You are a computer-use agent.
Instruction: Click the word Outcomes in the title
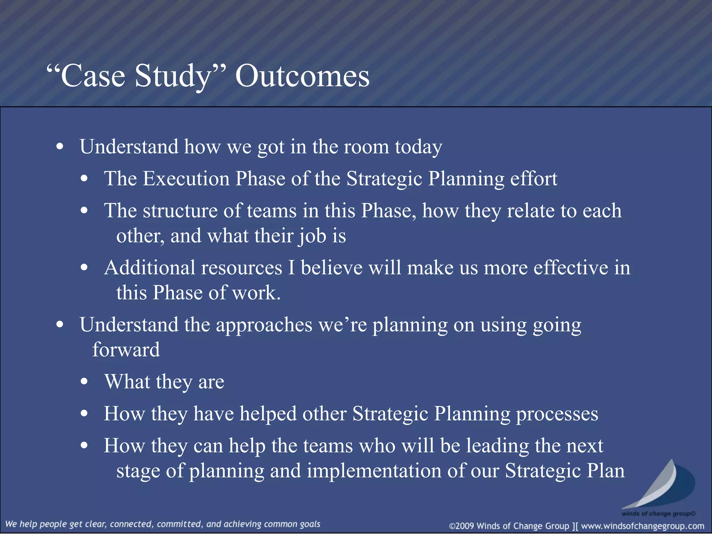click(x=302, y=76)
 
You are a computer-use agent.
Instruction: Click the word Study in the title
click(x=173, y=76)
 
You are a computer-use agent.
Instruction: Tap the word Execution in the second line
click(x=186, y=179)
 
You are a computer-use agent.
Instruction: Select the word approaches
click(x=264, y=325)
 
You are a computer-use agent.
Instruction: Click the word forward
click(x=126, y=350)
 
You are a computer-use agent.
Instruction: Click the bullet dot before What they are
click(x=84, y=382)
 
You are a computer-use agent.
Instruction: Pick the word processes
click(x=557, y=414)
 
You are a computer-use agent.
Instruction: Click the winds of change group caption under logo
click(x=658, y=513)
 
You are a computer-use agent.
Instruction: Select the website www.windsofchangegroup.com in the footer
click(x=642, y=526)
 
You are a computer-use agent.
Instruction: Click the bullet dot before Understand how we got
click(x=60, y=147)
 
